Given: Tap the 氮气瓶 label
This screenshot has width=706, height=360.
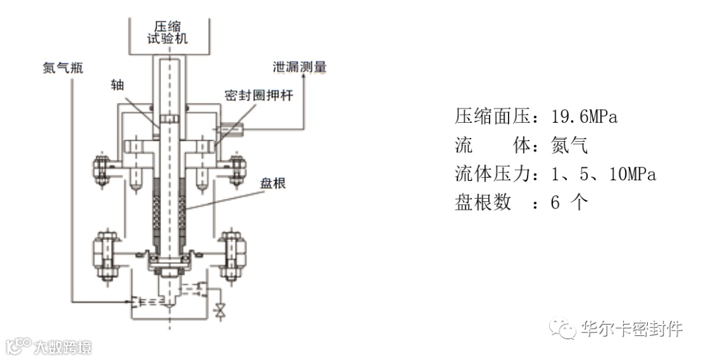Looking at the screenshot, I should [59, 69].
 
